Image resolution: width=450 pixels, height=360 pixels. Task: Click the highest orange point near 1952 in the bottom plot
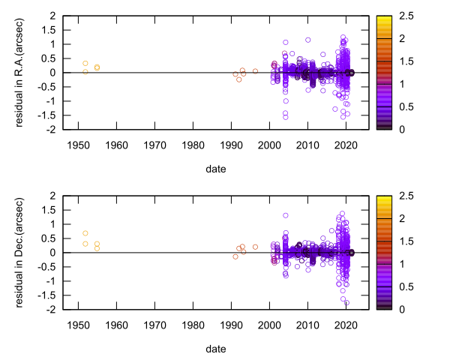click(85, 233)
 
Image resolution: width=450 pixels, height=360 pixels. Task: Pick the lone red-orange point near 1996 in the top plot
click(255, 71)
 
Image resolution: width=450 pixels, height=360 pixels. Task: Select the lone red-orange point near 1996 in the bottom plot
click(255, 247)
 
